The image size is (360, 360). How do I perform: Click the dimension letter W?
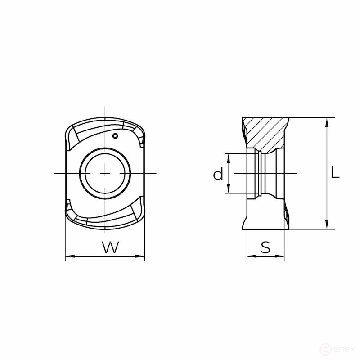[x=111, y=247]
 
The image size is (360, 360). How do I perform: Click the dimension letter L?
[x=335, y=172]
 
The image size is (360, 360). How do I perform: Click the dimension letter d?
[x=218, y=174]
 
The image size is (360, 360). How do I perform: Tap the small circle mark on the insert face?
[x=115, y=136]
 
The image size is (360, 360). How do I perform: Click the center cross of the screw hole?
[x=105, y=173]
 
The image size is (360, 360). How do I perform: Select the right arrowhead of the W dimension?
[x=140, y=256]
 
